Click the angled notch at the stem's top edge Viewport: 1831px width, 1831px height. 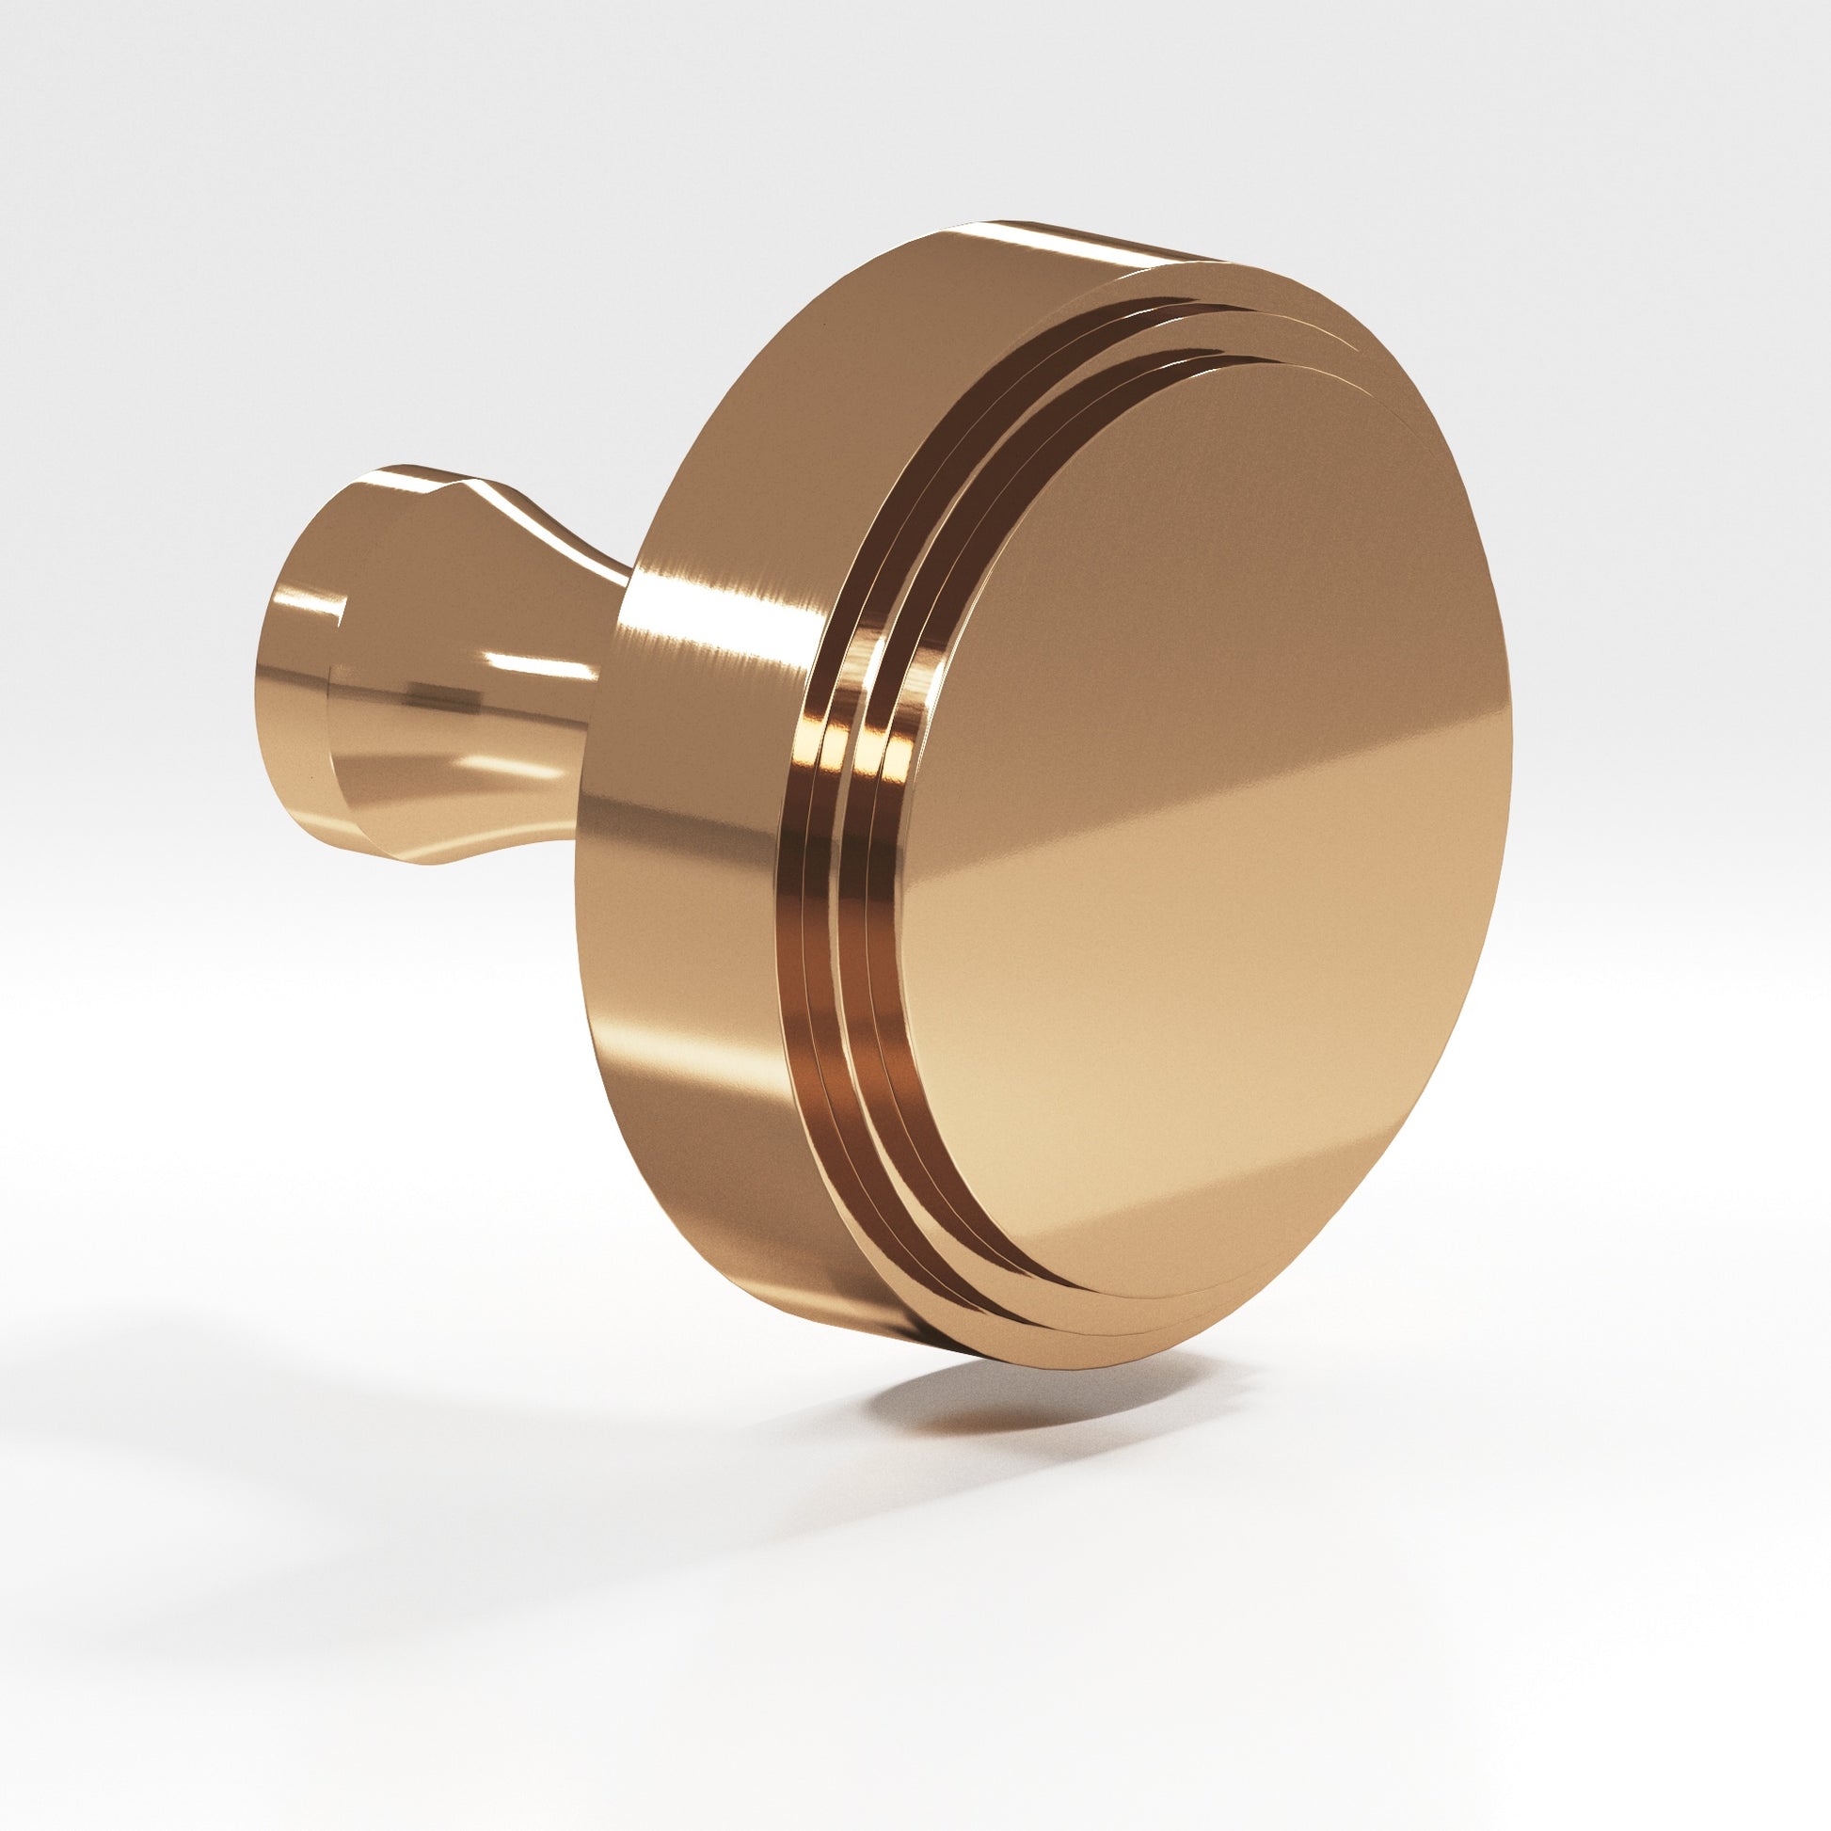pyautogui.click(x=454, y=488)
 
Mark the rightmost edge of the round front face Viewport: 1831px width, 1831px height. pyautogui.click(x=1509, y=740)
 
